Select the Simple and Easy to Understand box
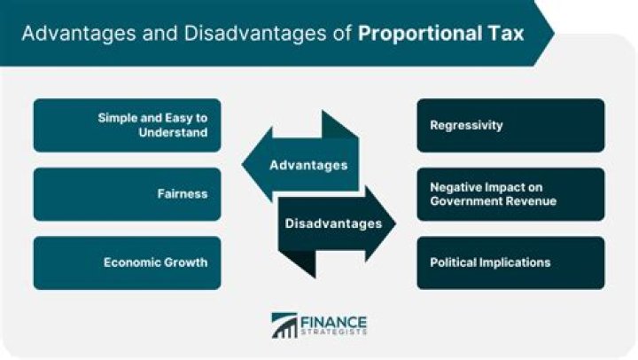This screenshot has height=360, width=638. point(127,125)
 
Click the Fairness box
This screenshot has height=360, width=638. point(127,194)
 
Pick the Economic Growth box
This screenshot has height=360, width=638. point(127,262)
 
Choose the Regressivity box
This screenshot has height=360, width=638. point(511,125)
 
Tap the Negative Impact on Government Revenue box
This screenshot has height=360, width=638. point(511,194)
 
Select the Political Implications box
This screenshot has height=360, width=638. point(511,262)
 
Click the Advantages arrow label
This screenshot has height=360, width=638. point(308,165)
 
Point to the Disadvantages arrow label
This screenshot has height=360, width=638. point(333,223)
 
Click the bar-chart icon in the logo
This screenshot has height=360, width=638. point(284,325)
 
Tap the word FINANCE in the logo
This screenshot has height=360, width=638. point(333,320)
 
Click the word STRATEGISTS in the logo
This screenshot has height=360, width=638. point(333,333)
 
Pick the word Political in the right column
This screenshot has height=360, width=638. point(456,262)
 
